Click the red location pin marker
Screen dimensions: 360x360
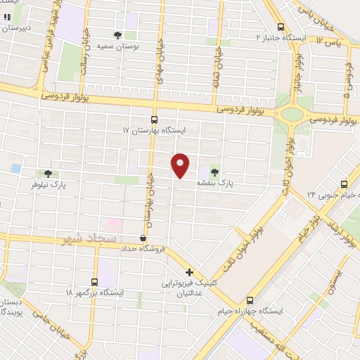[x=181, y=165]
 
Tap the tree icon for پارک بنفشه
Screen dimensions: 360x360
[x=214, y=172]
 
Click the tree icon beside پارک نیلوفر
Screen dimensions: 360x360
[x=48, y=173]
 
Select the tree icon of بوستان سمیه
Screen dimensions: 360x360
[x=117, y=34]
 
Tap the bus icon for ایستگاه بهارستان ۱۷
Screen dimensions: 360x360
[x=155, y=120]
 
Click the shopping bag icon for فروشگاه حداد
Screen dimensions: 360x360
[x=143, y=238]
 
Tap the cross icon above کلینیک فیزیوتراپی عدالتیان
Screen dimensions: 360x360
[x=189, y=272]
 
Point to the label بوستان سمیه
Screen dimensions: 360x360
[x=117, y=46]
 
